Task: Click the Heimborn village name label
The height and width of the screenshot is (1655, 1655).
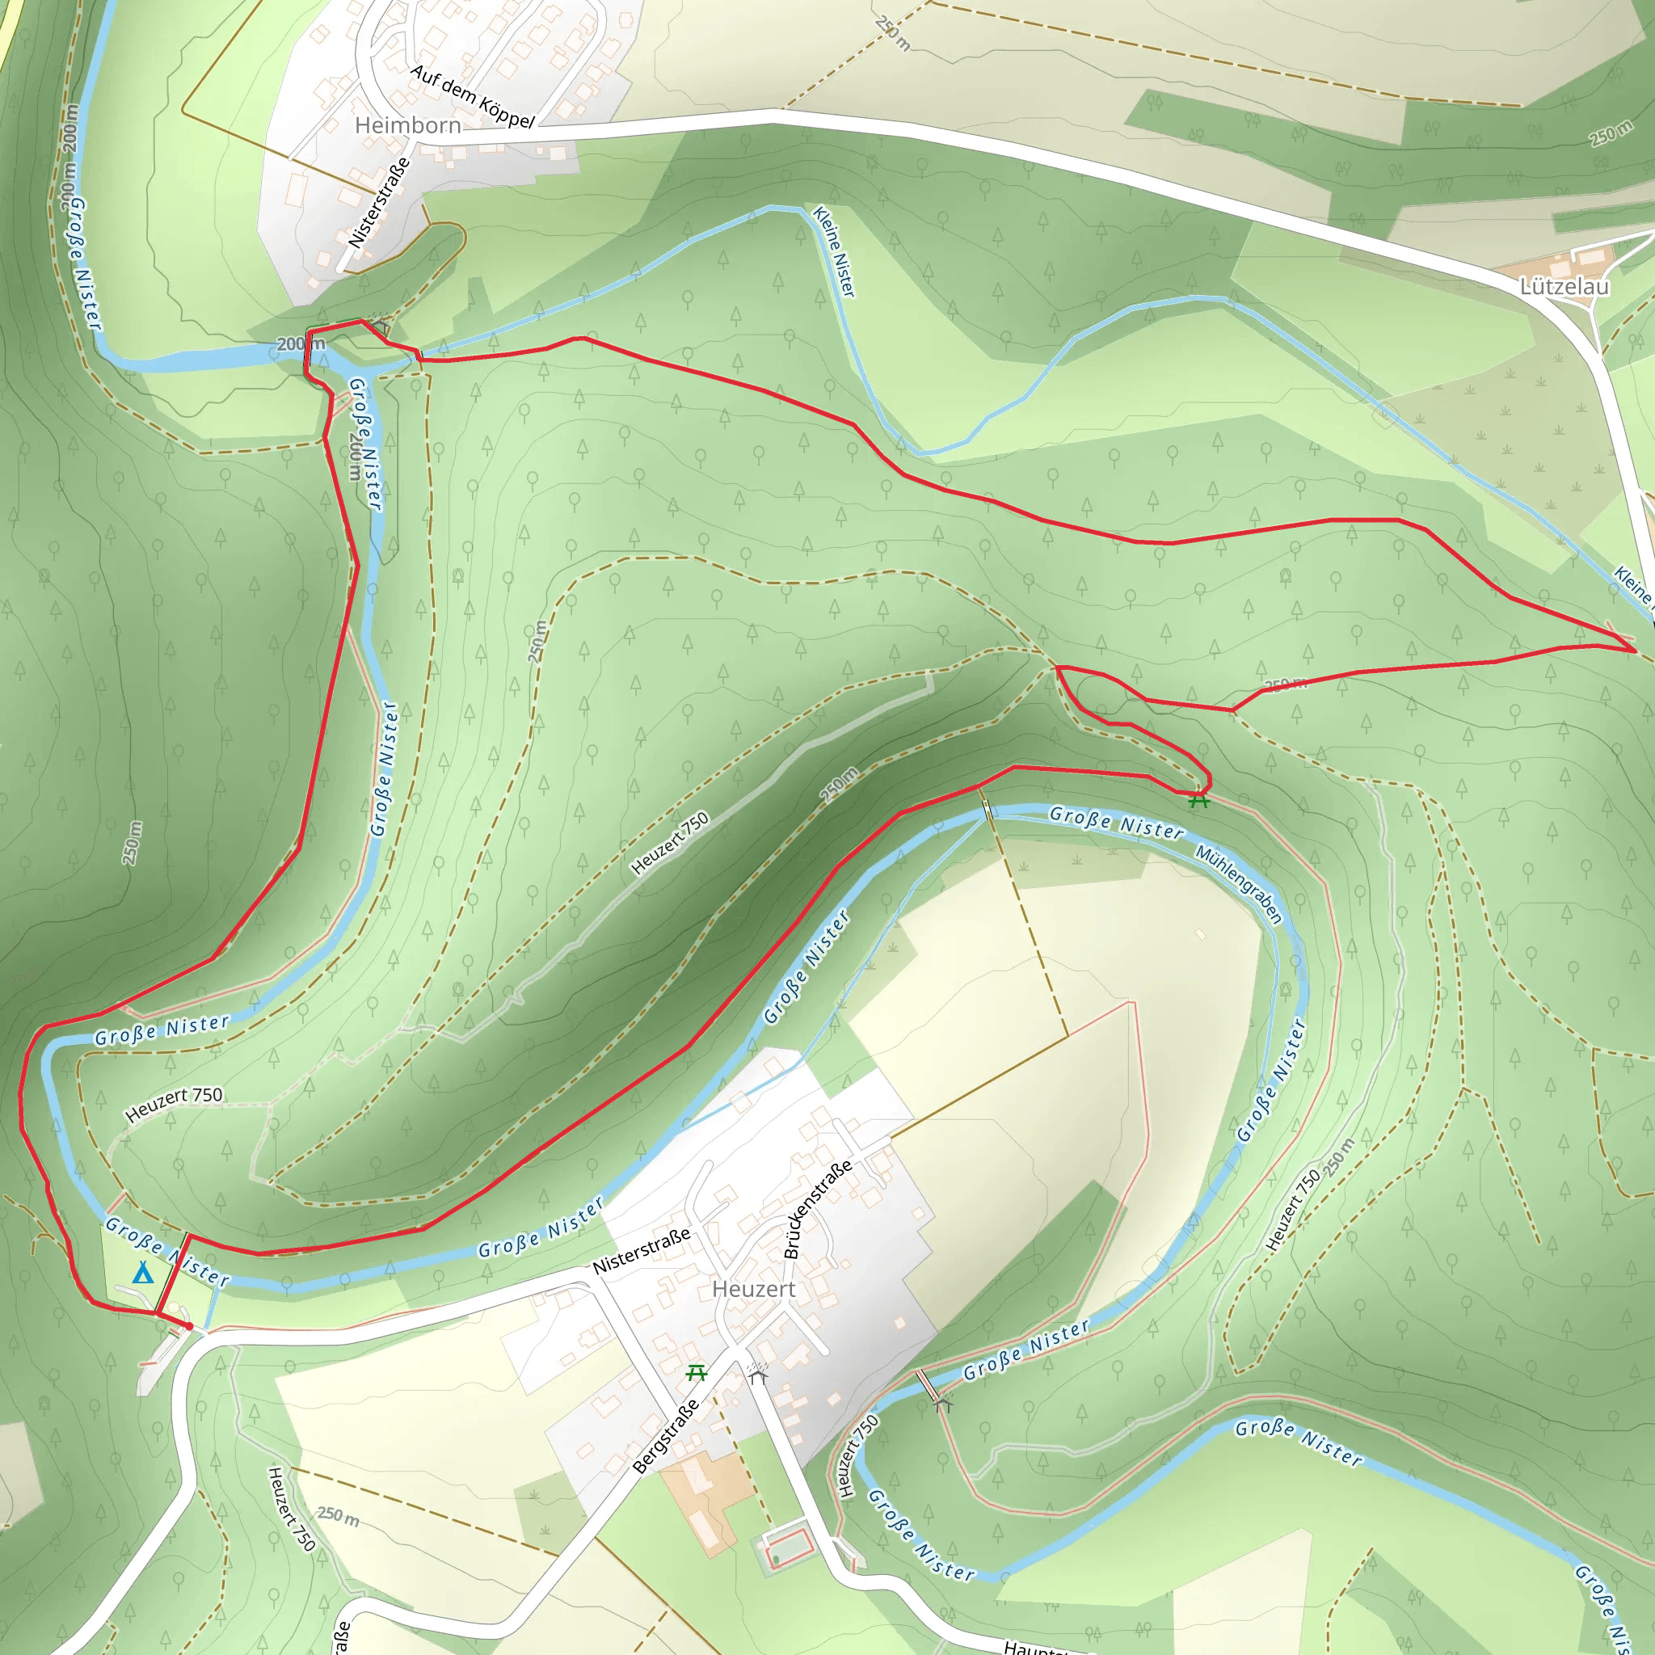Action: point(408,126)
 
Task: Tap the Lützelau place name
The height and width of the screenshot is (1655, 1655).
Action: point(1564,286)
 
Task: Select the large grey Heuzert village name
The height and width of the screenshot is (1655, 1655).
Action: point(753,1289)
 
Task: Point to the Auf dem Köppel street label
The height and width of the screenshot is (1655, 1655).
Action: point(472,97)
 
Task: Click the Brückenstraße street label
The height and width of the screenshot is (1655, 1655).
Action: point(818,1209)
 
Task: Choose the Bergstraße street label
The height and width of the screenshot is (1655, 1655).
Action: point(666,1437)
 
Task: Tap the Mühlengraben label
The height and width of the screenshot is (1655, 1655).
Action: point(1239,885)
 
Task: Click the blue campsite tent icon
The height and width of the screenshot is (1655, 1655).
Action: point(143,1274)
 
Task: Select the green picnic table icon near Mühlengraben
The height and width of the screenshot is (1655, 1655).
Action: point(1198,801)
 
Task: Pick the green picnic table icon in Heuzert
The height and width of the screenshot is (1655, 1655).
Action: point(697,1373)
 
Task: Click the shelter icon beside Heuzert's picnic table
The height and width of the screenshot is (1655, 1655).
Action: point(757,1375)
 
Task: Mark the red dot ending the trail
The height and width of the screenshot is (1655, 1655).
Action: point(188,1326)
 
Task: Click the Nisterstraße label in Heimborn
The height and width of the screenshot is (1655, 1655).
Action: point(379,203)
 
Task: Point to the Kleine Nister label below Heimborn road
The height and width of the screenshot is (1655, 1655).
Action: point(833,252)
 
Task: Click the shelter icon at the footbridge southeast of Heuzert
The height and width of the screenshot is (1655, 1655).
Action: point(943,1404)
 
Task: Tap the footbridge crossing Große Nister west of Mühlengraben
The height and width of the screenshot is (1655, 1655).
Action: point(988,810)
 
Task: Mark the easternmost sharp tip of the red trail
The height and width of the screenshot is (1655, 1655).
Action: point(1636,651)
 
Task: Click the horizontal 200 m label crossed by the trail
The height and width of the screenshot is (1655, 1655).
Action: point(301,343)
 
